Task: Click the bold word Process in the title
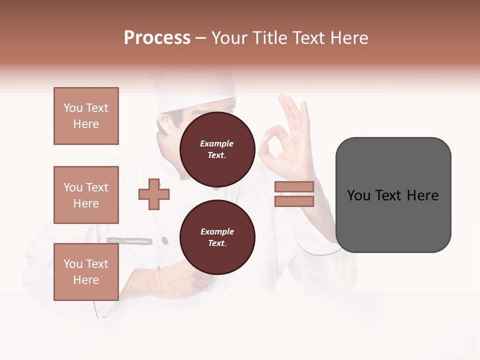point(157,38)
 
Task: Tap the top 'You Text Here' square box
point(86,116)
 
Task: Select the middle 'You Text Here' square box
point(86,195)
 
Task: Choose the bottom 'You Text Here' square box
point(86,272)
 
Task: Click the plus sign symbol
point(154,194)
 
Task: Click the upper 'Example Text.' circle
point(217,149)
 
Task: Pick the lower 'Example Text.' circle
point(217,237)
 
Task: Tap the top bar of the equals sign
point(294,187)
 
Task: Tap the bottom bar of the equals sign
point(294,201)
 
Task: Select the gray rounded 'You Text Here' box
point(393,195)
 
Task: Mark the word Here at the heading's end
point(348,38)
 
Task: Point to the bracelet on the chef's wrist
point(158,282)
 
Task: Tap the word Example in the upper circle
point(216,143)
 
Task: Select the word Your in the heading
point(229,38)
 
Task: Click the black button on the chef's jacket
point(164,241)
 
